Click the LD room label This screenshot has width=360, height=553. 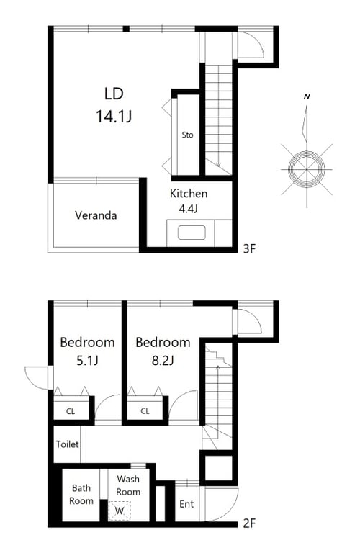(x=114, y=94)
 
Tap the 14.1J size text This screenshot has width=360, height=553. (x=114, y=116)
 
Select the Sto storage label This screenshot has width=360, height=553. (x=188, y=135)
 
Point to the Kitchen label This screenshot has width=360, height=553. (x=189, y=193)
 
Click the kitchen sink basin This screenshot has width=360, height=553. (x=192, y=233)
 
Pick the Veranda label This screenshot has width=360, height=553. (x=96, y=215)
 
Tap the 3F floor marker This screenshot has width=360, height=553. (x=249, y=248)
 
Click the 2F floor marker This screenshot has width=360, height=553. (x=249, y=523)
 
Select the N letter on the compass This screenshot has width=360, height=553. (x=307, y=96)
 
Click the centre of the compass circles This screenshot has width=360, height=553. (x=307, y=169)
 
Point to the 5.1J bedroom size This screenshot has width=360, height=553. (x=87, y=361)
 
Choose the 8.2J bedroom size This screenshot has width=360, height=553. (x=163, y=361)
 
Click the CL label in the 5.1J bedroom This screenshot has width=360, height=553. (x=71, y=411)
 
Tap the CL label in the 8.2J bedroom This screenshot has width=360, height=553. (x=145, y=411)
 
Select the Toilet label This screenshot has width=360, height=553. (x=67, y=444)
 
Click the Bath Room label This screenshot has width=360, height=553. (x=81, y=495)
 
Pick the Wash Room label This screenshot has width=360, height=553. (x=128, y=485)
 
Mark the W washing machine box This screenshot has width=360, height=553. (x=120, y=511)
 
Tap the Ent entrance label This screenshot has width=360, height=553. (x=186, y=504)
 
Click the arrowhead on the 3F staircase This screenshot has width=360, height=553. (x=218, y=164)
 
